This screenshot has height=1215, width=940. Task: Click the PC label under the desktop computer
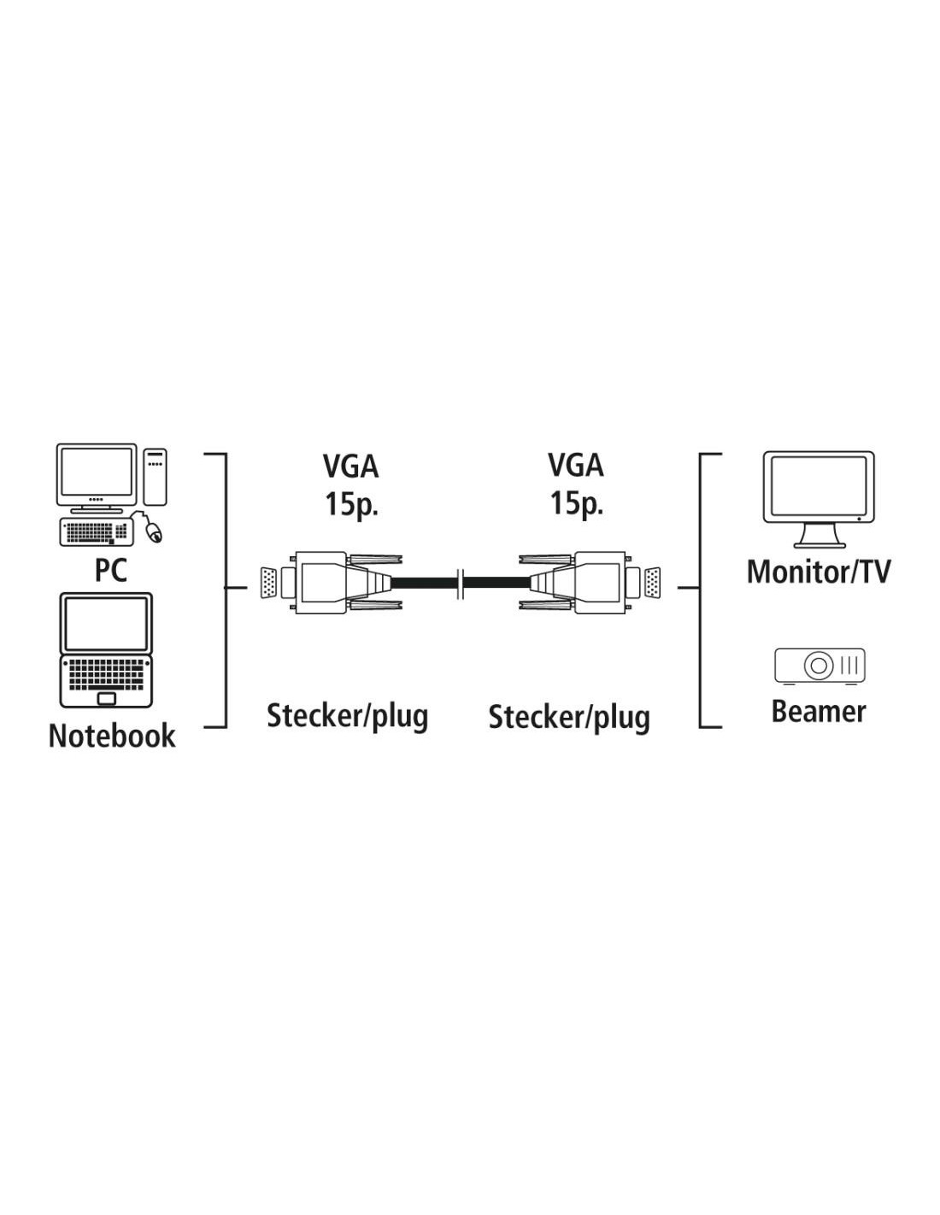[111, 570]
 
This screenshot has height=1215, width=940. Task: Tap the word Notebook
[112, 736]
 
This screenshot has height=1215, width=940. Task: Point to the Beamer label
[819, 711]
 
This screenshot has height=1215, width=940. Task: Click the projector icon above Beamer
[820, 666]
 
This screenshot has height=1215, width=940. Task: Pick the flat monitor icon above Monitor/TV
[819, 499]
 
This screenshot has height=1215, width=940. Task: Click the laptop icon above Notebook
[106, 650]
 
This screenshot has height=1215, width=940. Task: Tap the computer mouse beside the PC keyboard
[154, 531]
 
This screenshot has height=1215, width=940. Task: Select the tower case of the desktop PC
[156, 476]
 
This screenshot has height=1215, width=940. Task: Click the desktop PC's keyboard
[97, 531]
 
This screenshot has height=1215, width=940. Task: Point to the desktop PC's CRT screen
[97, 475]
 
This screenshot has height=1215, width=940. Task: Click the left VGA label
[351, 467]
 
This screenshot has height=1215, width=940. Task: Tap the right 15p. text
[577, 502]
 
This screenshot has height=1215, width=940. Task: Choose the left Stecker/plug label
[347, 717]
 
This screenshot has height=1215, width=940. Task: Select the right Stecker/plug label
[569, 718]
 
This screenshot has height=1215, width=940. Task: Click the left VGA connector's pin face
[269, 584]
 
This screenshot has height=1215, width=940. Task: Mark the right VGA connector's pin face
[652, 584]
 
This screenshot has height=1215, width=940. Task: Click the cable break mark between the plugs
[461, 584]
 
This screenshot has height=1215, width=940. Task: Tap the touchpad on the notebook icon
[106, 698]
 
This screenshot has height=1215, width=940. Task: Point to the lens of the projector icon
[818, 666]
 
